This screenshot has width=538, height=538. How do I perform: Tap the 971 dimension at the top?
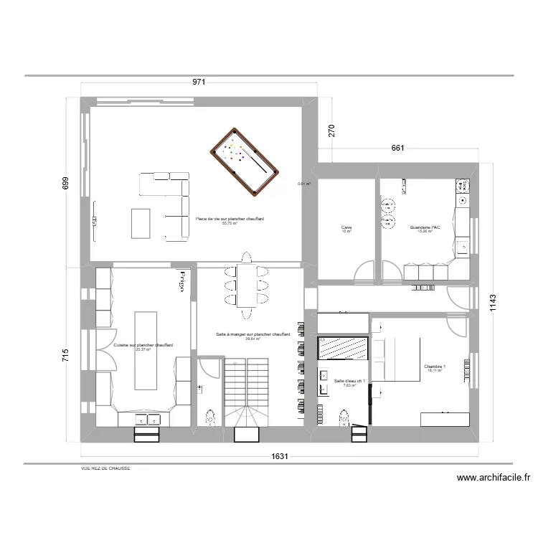[199, 82]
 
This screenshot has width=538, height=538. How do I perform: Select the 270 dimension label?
[331, 131]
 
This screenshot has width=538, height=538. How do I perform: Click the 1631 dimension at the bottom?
[280, 456]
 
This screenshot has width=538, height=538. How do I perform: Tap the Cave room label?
[346, 229]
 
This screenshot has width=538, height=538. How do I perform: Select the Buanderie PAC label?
[425, 229]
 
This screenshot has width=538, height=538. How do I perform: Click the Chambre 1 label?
[435, 367]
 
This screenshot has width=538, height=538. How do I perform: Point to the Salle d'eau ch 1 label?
[351, 381]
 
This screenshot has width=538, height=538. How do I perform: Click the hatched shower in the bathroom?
[343, 348]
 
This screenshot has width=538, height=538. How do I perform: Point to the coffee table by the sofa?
[140, 224]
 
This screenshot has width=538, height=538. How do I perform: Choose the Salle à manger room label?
[252, 335]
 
